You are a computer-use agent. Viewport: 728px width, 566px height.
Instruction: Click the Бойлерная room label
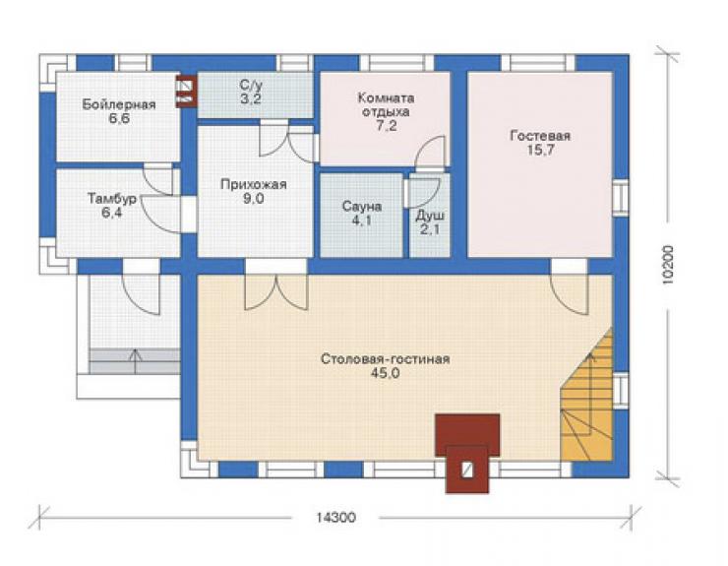pyautogui.click(x=119, y=104)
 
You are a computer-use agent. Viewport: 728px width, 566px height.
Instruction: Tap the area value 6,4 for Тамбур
pyautogui.click(x=112, y=214)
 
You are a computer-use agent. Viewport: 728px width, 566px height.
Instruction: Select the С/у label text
pyautogui.click(x=251, y=85)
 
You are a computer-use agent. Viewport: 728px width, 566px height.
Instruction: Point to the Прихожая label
pyautogui.click(x=254, y=184)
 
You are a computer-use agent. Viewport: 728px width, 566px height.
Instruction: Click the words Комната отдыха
pyautogui.click(x=386, y=105)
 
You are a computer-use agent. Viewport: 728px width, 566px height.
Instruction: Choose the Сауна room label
pyautogui.click(x=362, y=207)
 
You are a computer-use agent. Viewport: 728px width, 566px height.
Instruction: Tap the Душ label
pyautogui.click(x=430, y=216)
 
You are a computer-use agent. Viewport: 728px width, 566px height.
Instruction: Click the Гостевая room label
pyautogui.click(x=540, y=136)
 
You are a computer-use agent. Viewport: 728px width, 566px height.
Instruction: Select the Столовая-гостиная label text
pyautogui.click(x=386, y=359)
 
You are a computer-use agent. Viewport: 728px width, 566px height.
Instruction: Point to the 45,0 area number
pyautogui.click(x=386, y=373)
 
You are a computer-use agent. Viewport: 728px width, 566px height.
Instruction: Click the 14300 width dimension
pyautogui.click(x=336, y=517)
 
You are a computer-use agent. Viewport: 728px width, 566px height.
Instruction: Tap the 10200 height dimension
pyautogui.click(x=668, y=265)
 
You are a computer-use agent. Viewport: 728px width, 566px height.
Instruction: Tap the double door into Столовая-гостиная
pyautogui.click(x=276, y=291)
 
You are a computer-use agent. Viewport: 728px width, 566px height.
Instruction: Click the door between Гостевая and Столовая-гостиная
pyautogui.click(x=570, y=293)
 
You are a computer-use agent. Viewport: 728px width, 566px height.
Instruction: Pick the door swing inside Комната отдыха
pyautogui.click(x=430, y=152)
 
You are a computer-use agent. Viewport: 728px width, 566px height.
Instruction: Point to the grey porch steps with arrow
pyautogui.click(x=135, y=362)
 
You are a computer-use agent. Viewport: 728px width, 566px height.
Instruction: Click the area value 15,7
pyautogui.click(x=540, y=150)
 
